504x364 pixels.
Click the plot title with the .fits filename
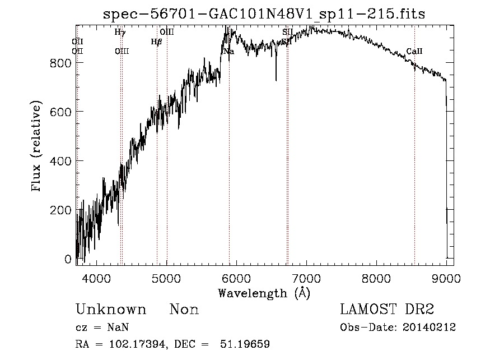265,14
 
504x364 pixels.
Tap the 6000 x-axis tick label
236,278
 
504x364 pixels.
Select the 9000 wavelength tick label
446,278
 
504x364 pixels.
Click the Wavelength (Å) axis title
264,293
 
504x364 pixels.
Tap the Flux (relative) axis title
38,147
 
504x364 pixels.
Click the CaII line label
414,52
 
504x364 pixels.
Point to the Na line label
228,52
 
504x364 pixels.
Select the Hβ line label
156,42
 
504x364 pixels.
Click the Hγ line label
120,33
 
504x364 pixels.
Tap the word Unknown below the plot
111,310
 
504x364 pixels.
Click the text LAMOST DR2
387,310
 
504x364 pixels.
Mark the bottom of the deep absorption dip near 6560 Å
276,80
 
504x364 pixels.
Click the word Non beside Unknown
184,310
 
